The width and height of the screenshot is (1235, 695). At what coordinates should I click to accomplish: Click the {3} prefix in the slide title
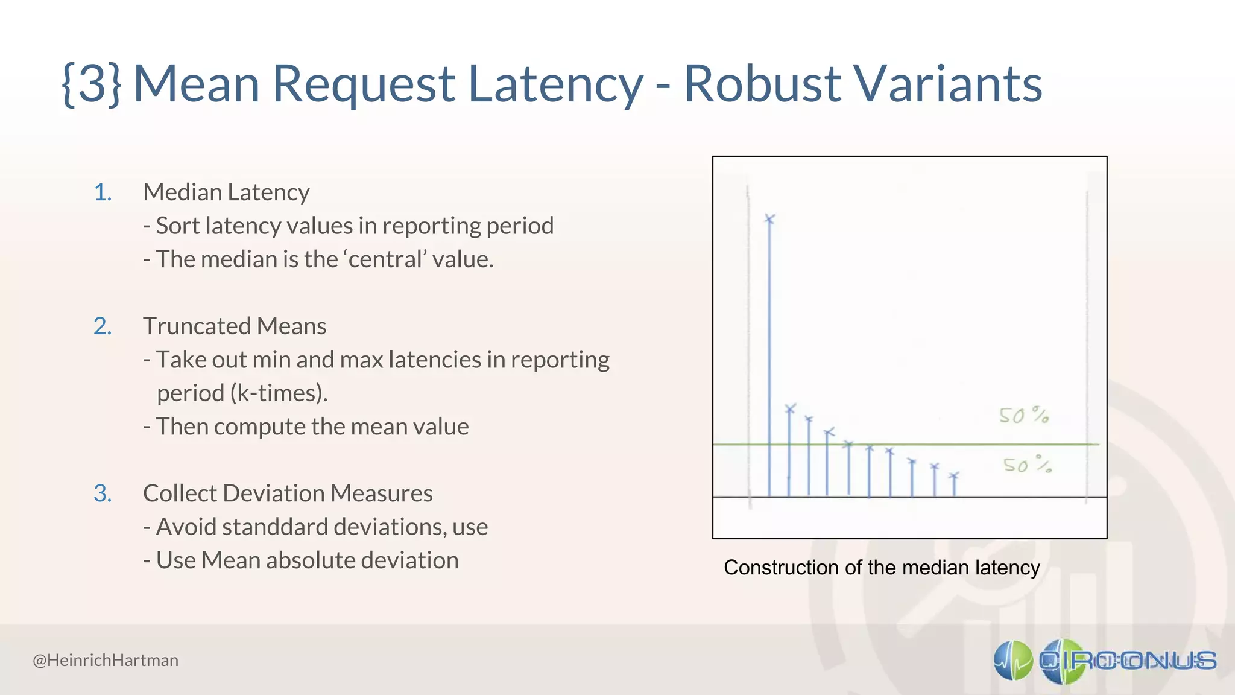coord(92,84)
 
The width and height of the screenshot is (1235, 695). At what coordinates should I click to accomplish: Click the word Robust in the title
coord(762,84)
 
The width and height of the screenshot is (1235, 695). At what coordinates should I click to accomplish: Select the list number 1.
coord(103,192)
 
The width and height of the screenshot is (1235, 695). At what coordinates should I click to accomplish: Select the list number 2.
coord(103,326)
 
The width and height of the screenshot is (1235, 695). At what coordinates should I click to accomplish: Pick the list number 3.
coord(103,493)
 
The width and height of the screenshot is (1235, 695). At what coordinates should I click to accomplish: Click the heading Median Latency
coord(226,192)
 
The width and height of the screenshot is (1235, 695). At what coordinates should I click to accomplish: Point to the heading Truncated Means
coord(235,326)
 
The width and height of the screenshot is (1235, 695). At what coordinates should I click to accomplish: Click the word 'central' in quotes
coord(385,259)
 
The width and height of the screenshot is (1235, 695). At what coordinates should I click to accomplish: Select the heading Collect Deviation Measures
coord(288,493)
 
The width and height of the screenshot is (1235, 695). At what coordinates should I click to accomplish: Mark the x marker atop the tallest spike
coord(769,219)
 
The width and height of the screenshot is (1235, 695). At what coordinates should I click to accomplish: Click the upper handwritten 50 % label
coord(1023,416)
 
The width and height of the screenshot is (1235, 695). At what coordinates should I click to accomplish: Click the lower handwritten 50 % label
coord(1027,465)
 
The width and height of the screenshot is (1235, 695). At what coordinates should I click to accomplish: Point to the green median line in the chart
coord(905,445)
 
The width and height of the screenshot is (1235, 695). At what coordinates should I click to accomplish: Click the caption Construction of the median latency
coord(882,568)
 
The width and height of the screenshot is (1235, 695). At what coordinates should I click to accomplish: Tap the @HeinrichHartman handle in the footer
coord(106,661)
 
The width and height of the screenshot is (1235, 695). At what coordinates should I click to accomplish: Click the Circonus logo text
coord(1128,661)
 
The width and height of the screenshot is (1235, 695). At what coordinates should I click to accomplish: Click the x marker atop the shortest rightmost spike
coord(953,477)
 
